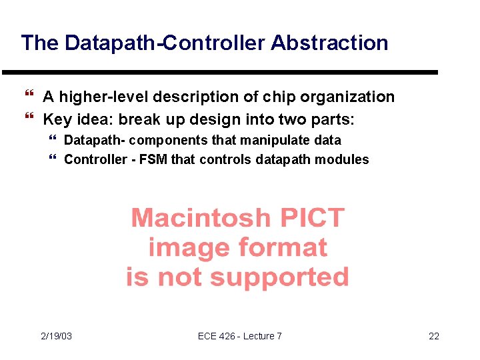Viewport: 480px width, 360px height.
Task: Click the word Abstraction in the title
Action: tap(329, 43)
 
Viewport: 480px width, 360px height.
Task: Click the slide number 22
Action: tap(434, 336)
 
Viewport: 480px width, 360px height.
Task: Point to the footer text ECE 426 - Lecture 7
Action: tap(240, 336)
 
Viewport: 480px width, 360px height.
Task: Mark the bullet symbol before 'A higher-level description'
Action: tap(29, 97)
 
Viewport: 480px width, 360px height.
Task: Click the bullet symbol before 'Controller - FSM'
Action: tap(53, 159)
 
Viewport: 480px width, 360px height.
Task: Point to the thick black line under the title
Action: tap(220, 72)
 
